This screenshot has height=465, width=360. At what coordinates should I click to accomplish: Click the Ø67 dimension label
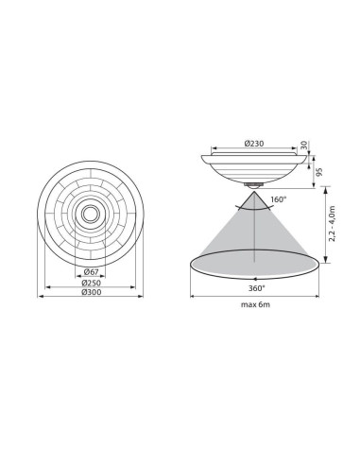91,271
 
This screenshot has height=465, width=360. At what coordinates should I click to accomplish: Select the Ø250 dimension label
91,283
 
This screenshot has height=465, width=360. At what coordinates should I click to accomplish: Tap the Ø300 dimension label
92,292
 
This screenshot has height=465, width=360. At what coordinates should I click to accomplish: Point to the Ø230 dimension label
254,144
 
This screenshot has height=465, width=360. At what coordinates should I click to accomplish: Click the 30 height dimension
304,145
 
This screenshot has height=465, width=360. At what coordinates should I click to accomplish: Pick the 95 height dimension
319,172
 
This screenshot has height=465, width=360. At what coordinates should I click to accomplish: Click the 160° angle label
280,199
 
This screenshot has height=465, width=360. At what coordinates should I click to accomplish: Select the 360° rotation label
256,288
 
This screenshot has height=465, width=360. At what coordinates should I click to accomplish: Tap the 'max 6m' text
255,304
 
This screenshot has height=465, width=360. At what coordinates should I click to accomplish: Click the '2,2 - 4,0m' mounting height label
332,224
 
